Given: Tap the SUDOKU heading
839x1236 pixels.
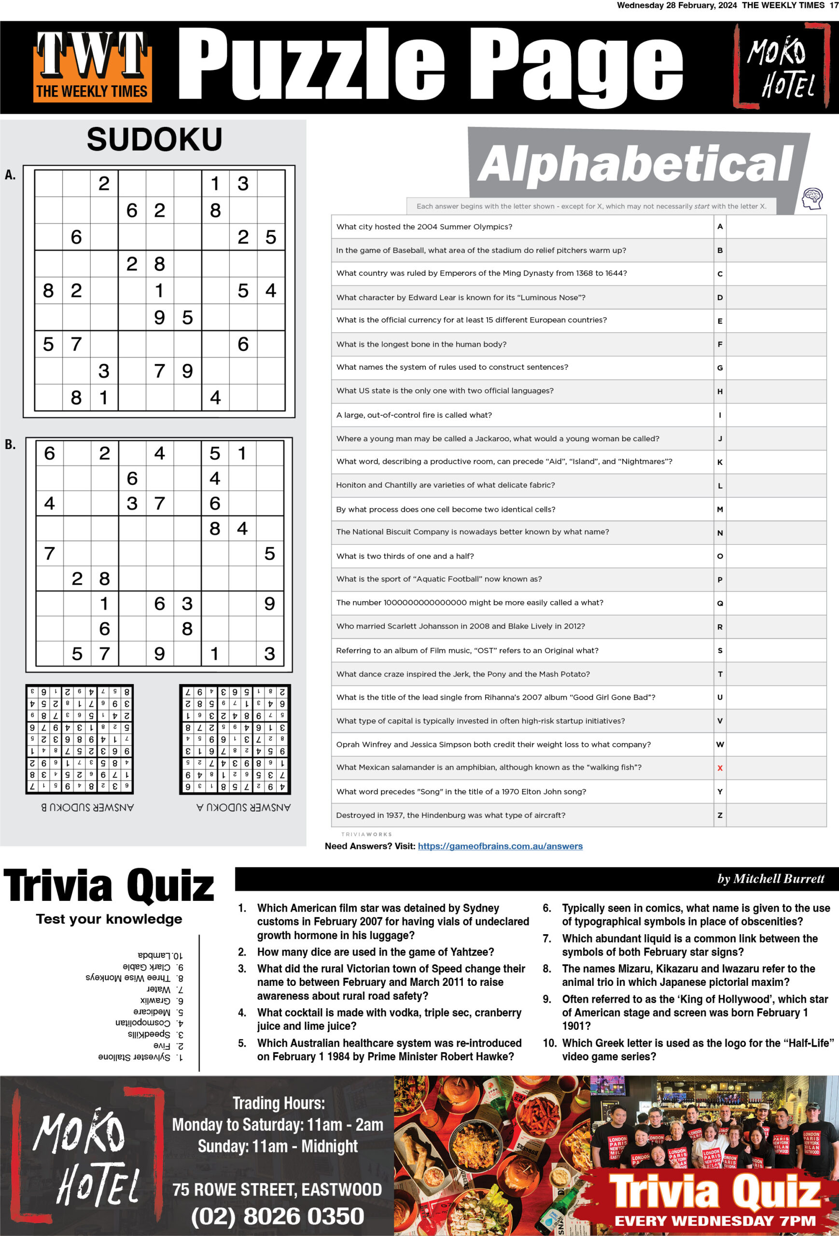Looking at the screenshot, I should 154,140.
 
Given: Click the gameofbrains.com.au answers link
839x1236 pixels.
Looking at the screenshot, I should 500,846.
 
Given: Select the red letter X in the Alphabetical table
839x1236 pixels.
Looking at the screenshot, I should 720,768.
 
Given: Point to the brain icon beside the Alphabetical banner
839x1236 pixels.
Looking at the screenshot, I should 812,198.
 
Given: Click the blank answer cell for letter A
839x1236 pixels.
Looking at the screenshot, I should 776,226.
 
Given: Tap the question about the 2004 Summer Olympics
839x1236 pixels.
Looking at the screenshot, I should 424,226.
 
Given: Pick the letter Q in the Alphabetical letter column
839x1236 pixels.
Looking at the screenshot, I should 720,603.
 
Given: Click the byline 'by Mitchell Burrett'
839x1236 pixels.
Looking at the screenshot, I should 770,879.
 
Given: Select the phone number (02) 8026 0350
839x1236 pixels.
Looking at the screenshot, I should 278,1216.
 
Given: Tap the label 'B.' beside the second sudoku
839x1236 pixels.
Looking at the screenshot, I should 10,445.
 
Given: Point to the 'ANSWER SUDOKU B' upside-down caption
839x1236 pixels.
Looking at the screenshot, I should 88,807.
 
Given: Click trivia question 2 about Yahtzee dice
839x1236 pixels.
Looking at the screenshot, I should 375,952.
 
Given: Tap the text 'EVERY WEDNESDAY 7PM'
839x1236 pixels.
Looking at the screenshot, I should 715,1221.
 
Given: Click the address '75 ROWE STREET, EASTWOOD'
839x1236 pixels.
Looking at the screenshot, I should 277,1190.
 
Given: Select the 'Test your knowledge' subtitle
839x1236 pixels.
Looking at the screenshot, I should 109,919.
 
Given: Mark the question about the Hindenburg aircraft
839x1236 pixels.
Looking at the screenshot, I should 450,815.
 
